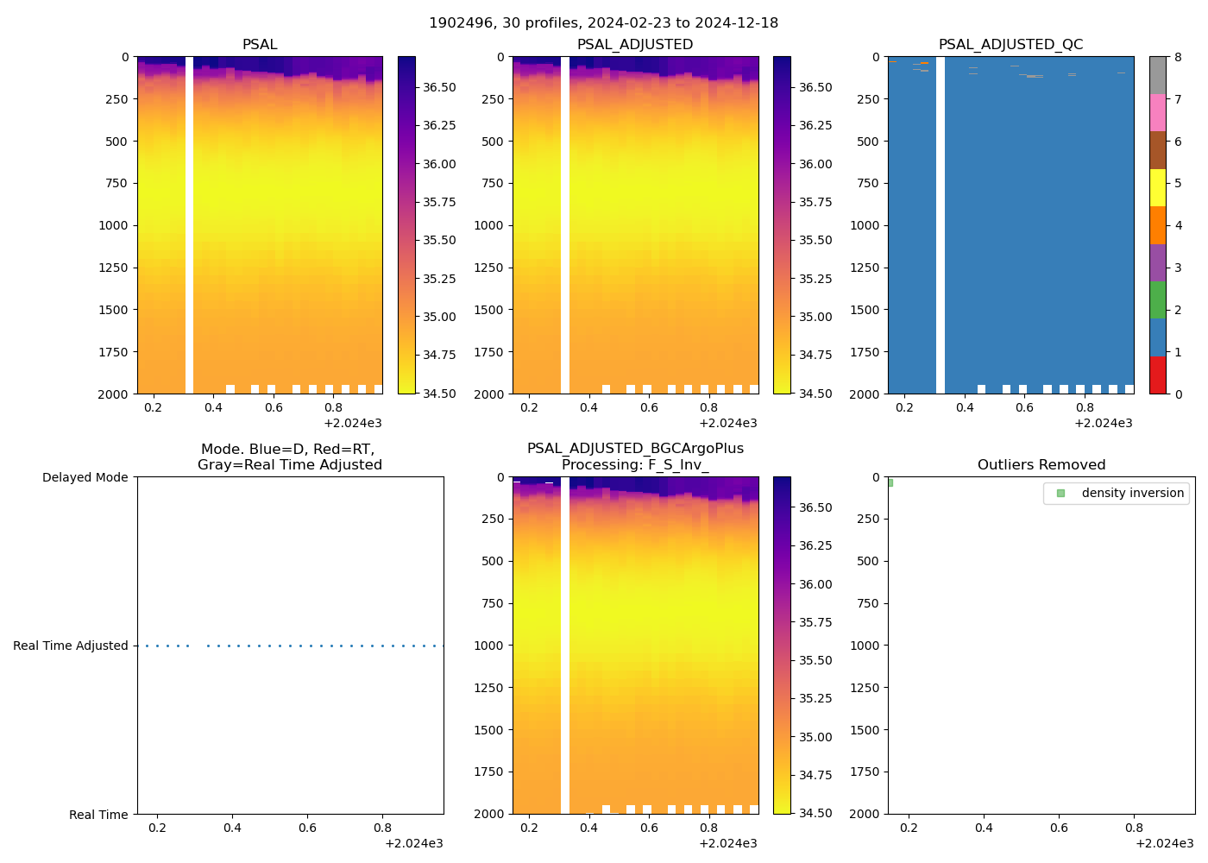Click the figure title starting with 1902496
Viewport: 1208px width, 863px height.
tap(603, 23)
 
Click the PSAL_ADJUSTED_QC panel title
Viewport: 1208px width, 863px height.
tap(1010, 45)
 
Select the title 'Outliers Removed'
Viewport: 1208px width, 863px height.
tap(1041, 465)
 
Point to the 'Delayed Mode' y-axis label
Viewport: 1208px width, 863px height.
tap(85, 477)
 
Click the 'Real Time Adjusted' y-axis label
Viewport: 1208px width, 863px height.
tap(70, 646)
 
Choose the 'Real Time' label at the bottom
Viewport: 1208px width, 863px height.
tap(98, 815)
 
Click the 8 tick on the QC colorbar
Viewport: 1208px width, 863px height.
tap(1178, 57)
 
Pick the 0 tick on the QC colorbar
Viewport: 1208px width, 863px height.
tap(1178, 394)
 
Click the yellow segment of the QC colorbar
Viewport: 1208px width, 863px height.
tap(1157, 187)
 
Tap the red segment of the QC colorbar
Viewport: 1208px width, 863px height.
tap(1157, 375)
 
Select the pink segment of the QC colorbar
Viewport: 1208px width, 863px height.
tap(1157, 112)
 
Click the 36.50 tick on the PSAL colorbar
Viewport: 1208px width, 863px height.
tap(439, 87)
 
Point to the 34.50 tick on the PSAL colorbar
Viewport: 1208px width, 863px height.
tap(439, 394)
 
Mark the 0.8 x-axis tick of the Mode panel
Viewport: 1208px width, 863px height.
tap(382, 828)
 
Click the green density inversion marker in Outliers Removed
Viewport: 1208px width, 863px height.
tap(890, 482)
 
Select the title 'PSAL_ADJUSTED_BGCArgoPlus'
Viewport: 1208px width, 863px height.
tap(635, 449)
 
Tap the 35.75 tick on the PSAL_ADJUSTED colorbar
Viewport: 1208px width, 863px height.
tap(815, 202)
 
